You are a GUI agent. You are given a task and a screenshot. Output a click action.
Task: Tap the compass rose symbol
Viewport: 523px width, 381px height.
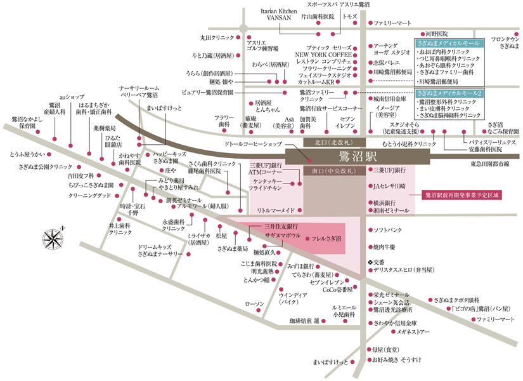point(50,238)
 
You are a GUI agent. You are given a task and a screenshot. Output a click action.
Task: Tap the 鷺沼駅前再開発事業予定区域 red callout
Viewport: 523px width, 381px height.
point(462,196)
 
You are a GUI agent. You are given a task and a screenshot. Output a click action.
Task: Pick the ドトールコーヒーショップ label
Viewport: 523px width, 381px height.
point(252,145)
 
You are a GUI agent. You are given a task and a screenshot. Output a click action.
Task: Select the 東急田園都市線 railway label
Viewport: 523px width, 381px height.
point(490,164)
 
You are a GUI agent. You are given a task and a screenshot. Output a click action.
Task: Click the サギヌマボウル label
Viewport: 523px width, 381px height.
point(282,235)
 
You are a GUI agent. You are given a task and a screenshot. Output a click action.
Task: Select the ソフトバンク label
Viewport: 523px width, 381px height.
point(387,229)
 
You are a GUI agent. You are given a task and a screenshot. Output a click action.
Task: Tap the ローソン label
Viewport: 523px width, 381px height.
point(254,304)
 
